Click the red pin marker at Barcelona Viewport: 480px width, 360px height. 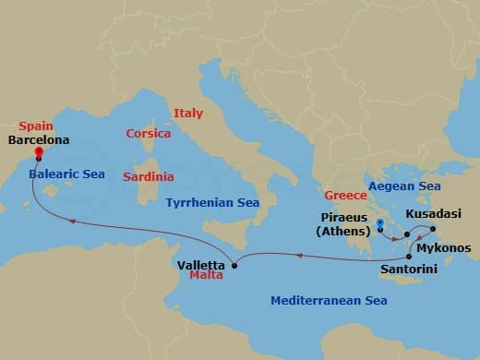click(x=39, y=153)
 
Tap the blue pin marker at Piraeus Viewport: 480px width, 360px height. click(x=380, y=222)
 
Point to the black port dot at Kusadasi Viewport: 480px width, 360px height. click(x=432, y=228)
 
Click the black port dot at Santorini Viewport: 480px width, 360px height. click(x=409, y=255)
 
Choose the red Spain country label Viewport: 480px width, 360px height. click(x=36, y=126)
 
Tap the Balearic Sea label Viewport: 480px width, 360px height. click(x=66, y=174)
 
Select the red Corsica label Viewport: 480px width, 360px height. click(x=149, y=133)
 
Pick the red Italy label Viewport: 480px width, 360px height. click(x=187, y=113)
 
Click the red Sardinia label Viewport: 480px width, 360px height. click(x=150, y=176)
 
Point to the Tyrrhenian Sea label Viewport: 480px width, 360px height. click(x=212, y=201)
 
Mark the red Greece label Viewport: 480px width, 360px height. click(x=344, y=195)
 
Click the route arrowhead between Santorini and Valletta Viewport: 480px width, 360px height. click(x=299, y=256)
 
